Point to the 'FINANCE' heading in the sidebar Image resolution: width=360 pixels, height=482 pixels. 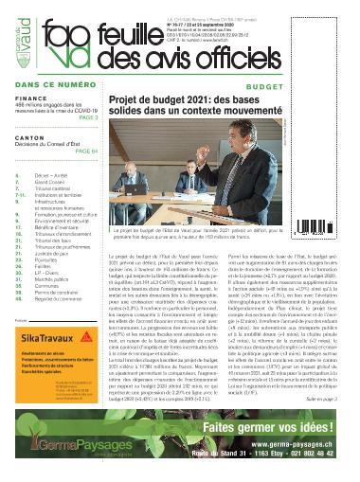(x=28, y=96)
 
